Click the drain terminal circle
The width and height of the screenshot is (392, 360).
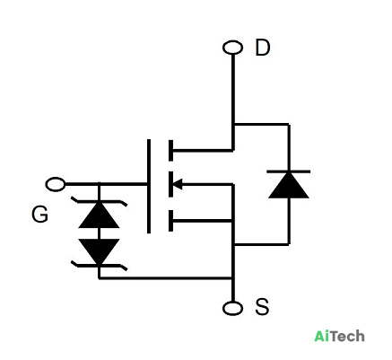(232, 48)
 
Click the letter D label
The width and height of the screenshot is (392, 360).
(263, 48)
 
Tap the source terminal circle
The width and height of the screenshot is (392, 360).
(232, 308)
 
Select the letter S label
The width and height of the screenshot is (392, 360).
(262, 307)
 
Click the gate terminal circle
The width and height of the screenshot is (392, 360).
(56, 184)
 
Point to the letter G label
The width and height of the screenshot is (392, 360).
(39, 215)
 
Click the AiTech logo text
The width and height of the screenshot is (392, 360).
(339, 336)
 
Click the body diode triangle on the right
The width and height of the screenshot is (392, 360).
(289, 185)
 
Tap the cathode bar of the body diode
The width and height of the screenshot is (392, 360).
(289, 171)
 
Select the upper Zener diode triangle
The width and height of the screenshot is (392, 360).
(99, 215)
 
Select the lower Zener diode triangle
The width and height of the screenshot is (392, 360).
(99, 251)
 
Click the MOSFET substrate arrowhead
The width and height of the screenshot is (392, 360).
(178, 184)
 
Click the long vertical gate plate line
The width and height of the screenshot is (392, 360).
(149, 186)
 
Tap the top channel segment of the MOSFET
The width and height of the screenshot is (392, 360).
(170, 150)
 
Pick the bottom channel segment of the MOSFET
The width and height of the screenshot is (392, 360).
(170, 221)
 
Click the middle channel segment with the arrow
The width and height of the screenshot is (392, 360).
(170, 184)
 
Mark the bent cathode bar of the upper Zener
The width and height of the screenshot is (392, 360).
(99, 201)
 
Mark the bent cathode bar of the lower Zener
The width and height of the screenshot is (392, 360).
(99, 266)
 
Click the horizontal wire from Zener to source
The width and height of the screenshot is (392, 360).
(165, 278)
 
